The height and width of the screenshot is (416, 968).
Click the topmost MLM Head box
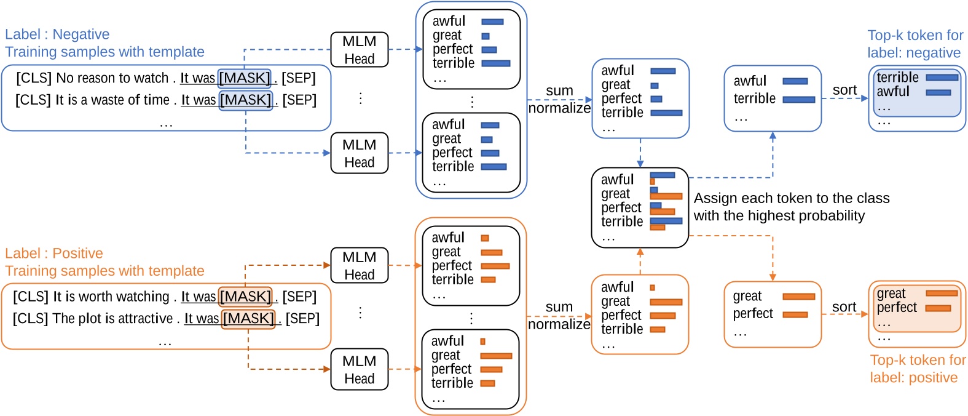tap(360, 50)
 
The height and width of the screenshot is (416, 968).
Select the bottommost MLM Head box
tap(360, 369)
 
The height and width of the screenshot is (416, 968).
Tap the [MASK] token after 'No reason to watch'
tap(244, 78)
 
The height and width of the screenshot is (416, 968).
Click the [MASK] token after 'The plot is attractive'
tap(248, 318)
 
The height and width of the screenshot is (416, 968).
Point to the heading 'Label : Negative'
tap(57, 34)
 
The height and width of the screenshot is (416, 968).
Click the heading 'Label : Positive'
tap(54, 254)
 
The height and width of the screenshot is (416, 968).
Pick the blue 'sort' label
tap(844, 90)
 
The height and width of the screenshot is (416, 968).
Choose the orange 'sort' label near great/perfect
tap(844, 307)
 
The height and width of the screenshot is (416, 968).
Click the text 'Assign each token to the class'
tap(792, 198)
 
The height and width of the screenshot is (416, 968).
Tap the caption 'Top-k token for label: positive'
tap(917, 369)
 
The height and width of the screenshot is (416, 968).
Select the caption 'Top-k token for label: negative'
tap(915, 44)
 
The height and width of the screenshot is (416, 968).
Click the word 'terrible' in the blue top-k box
tap(897, 78)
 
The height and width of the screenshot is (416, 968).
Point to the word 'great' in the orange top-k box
tap(891, 294)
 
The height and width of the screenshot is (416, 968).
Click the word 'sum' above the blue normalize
tap(559, 91)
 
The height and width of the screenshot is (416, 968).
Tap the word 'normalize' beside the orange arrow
tap(559, 324)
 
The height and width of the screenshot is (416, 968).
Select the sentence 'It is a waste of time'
tap(112, 100)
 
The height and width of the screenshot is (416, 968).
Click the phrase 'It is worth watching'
tap(111, 297)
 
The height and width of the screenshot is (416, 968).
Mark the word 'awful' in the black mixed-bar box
tap(617, 180)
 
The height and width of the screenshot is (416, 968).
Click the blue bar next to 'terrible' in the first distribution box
tap(496, 63)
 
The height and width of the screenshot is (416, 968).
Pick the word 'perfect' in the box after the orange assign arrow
tap(753, 314)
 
